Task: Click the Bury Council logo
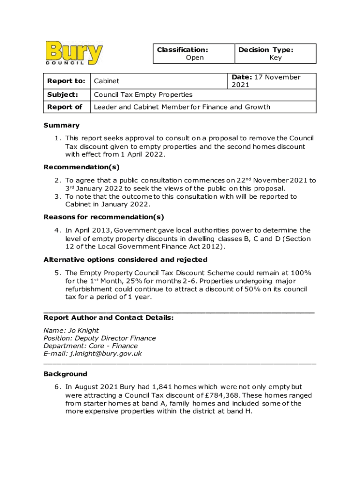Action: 74,53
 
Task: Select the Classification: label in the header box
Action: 182,50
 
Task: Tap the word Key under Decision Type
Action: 275,58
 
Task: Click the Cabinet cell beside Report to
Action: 107,81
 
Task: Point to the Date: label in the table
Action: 241,77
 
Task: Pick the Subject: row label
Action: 62,94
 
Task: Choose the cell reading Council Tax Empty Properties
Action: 143,94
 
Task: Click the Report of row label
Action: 65,107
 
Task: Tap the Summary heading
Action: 61,125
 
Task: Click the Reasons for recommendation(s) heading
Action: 103,217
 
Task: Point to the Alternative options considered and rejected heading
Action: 125,260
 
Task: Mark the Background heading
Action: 65,374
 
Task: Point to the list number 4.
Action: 57,230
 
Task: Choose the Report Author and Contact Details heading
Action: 108,318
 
